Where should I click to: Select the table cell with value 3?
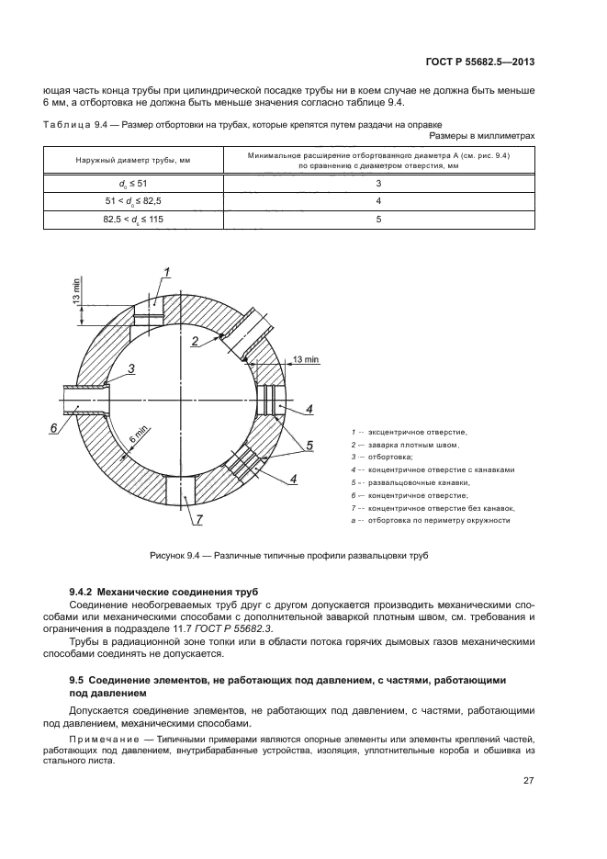(x=378, y=183)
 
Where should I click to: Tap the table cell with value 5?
(x=378, y=219)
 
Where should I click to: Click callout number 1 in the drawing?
(x=168, y=270)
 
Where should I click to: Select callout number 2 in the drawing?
(x=196, y=342)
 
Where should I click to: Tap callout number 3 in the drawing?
(x=131, y=368)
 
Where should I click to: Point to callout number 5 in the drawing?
(x=309, y=446)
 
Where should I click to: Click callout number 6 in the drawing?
(x=53, y=428)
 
